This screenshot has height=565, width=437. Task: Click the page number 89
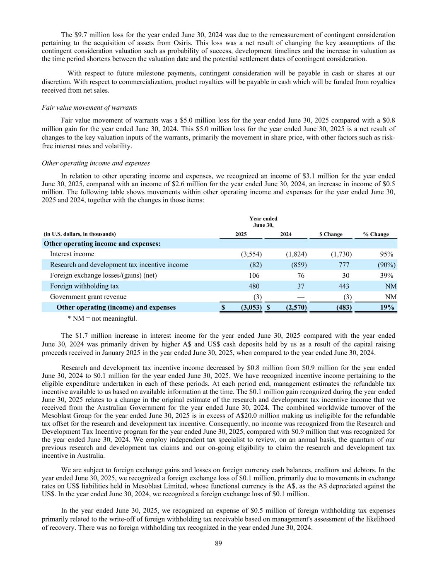point(218,543)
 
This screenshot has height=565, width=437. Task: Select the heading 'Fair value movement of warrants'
point(89,108)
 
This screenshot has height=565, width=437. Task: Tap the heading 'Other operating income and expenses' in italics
point(96,163)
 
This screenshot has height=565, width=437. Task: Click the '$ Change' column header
point(331,234)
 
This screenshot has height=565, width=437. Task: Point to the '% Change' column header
point(376,234)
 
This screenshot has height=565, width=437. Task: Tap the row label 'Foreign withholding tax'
point(84,286)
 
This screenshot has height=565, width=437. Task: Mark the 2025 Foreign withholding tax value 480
point(254,286)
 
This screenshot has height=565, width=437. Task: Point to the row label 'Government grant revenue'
point(88,297)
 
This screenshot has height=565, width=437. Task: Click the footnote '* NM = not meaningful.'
point(102,318)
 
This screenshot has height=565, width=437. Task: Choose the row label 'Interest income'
point(72,254)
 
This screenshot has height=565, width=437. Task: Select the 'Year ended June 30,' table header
point(263,222)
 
